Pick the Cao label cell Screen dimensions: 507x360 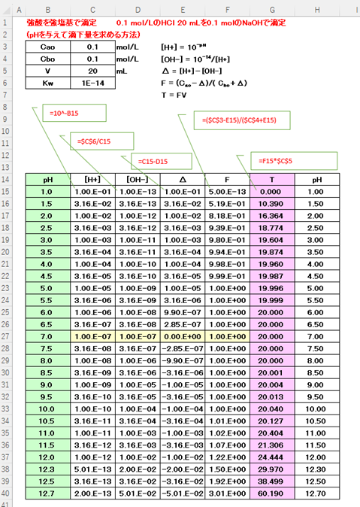point(47,47)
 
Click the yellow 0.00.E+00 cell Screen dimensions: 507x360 point(183,337)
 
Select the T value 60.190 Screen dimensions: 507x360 point(272,493)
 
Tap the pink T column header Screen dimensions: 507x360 point(272,181)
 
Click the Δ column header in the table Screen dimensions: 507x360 point(183,181)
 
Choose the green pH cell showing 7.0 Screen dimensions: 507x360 point(47,337)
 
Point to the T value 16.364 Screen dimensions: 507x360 point(272,217)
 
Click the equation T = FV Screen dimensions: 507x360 point(174,96)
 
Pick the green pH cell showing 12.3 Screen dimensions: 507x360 point(47,469)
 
